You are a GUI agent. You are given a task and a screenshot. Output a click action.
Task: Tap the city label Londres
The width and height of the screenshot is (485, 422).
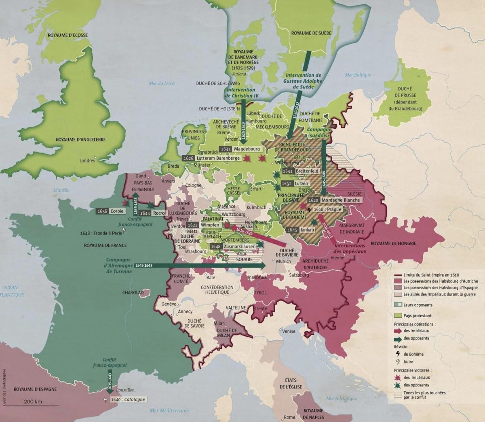click(87, 160)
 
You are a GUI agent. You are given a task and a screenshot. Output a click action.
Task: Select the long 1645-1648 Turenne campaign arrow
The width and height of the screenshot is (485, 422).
click(202, 266)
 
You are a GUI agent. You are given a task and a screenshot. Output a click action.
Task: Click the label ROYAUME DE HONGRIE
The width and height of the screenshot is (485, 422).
click(393, 243)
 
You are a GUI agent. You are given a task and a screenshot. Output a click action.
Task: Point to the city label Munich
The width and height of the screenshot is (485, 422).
click(283, 262)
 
